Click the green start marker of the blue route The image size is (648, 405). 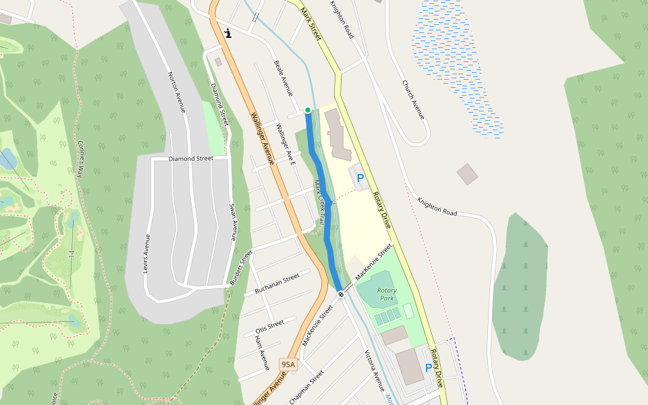[308, 110]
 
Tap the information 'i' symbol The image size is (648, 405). [229, 32]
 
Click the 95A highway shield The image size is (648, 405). [288, 364]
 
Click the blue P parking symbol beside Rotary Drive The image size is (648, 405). [360, 178]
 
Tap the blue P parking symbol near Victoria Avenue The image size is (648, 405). [428, 368]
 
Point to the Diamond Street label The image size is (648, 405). [190, 159]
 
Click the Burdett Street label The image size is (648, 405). [240, 267]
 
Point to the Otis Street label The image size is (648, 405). [269, 326]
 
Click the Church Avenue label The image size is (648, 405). [413, 100]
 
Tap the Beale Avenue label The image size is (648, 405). [283, 78]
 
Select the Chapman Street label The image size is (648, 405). [306, 387]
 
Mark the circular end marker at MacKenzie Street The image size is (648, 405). [341, 294]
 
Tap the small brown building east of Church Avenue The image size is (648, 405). [467, 174]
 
